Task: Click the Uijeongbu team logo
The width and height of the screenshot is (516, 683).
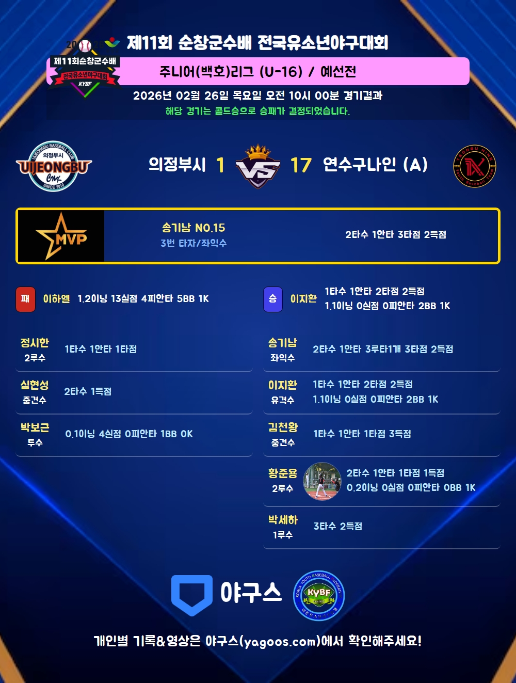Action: coord(54,166)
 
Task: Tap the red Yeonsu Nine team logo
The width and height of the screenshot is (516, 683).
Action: coord(474,166)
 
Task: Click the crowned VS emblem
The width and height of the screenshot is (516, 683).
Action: coord(258,166)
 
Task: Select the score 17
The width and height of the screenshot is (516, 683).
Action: coord(301,165)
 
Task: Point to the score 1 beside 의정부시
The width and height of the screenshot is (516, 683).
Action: coord(220,165)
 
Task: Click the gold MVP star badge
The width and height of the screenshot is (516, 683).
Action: coord(61,236)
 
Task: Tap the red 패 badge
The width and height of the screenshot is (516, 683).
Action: coord(25,299)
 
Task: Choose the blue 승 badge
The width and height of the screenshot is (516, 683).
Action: coord(273,299)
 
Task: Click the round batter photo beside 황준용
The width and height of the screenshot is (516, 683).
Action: coord(322,481)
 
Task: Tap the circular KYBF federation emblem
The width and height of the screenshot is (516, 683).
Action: coord(319,596)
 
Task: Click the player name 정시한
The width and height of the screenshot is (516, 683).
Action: coord(35,343)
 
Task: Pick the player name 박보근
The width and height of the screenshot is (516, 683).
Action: coord(35,427)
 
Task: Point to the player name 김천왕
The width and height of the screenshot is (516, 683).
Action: coord(283,427)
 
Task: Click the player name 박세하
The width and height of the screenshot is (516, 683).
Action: coord(283,520)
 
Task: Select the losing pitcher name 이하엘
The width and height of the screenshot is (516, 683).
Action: coord(56,299)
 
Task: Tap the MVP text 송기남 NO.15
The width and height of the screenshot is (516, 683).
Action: coord(193,228)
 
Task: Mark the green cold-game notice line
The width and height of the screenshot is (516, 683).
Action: coord(258,111)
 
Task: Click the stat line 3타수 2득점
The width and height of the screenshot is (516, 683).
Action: coord(338,526)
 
